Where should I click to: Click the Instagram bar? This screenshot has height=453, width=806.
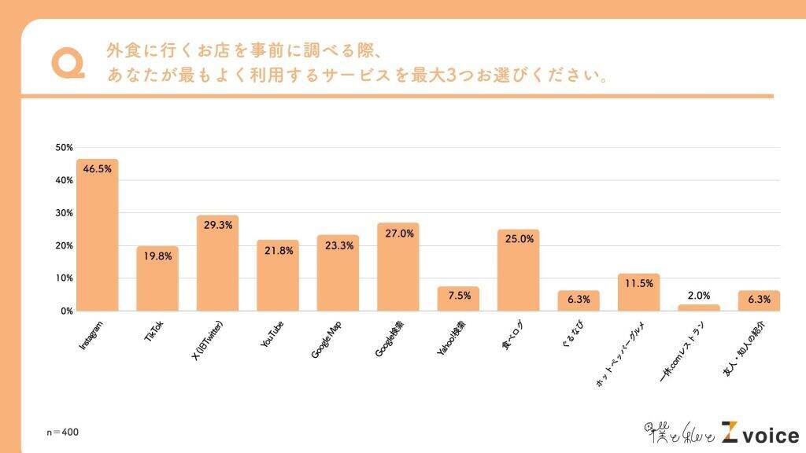click(x=97, y=236)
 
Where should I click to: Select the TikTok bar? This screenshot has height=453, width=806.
click(x=157, y=279)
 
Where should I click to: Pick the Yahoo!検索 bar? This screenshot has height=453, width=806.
click(x=457, y=299)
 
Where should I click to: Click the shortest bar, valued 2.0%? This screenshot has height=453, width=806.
click(x=698, y=308)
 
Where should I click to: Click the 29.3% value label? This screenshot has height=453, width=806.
click(x=217, y=225)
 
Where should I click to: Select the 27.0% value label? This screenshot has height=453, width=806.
click(x=397, y=233)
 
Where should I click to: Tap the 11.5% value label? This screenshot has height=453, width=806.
click(x=638, y=283)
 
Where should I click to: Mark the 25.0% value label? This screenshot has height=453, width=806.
click(x=518, y=239)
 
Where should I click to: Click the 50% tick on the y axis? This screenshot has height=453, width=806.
click(x=64, y=148)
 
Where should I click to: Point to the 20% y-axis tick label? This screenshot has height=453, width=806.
click(x=64, y=245)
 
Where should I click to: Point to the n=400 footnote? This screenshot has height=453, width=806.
click(x=63, y=432)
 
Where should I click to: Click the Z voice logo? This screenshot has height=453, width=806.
click(x=756, y=433)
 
